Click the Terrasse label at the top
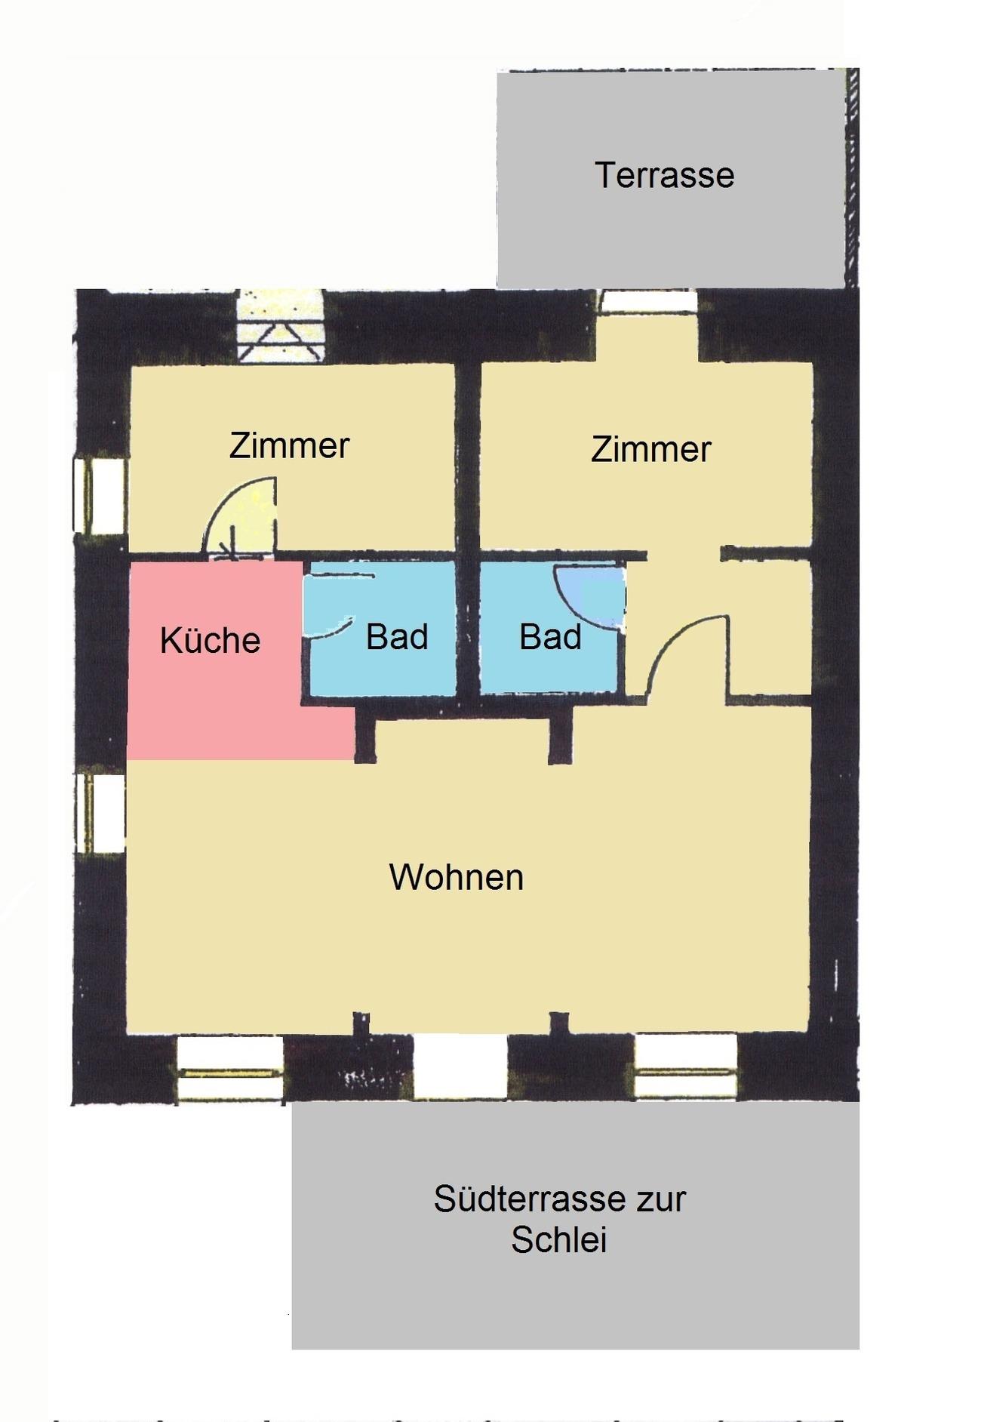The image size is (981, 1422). [x=664, y=175]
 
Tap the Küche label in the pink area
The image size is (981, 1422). [x=210, y=640]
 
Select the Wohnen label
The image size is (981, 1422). [x=457, y=877]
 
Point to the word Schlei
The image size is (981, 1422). [x=559, y=1239]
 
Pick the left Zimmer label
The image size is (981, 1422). [x=289, y=445]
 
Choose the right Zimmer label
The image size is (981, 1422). [x=650, y=449]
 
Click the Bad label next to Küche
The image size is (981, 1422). [x=397, y=637]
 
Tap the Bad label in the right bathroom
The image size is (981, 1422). [x=550, y=637]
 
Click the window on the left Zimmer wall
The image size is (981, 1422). [x=100, y=495]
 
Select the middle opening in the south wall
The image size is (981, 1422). [x=460, y=1066]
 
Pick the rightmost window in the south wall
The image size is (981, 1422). [x=686, y=1066]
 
